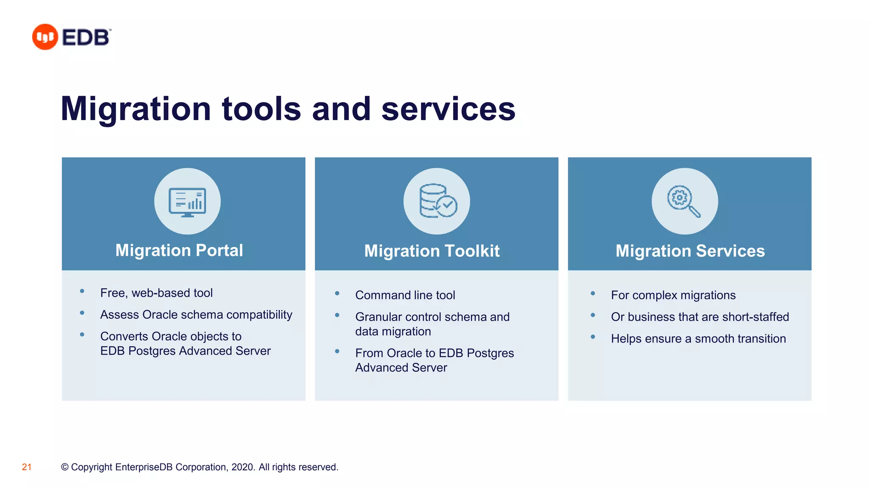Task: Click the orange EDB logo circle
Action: point(45,37)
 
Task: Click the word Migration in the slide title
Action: point(135,109)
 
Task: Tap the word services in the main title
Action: point(448,109)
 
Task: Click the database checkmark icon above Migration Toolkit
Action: point(437,201)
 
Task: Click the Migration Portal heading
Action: point(179,250)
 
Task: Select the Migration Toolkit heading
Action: point(432,251)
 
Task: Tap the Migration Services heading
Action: point(690,251)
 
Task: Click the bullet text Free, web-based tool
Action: point(156,293)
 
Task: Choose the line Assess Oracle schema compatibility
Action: point(196,315)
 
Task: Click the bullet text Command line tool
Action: point(405,295)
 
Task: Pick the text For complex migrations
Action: point(673,295)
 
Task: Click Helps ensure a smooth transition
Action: point(698,339)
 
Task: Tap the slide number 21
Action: point(27,467)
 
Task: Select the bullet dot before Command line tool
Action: point(337,293)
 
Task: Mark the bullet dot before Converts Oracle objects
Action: point(82,334)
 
